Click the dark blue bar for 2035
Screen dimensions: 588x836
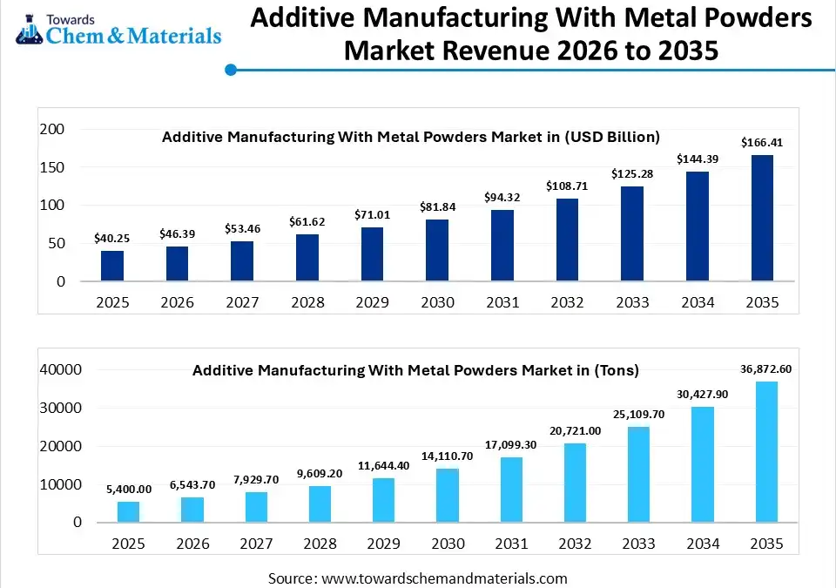pyautogui.click(x=762, y=218)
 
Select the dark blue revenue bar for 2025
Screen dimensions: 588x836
pyautogui.click(x=112, y=266)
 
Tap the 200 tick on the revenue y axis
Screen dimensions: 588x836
pyautogui.click(x=53, y=129)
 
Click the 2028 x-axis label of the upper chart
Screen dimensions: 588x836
pyautogui.click(x=307, y=302)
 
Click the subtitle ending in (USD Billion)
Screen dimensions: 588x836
pyautogui.click(x=411, y=137)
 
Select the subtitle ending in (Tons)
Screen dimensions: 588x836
pyautogui.click(x=415, y=370)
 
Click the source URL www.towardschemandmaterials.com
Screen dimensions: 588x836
pyautogui.click(x=444, y=578)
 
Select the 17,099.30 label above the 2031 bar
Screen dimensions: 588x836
pyautogui.click(x=512, y=444)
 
